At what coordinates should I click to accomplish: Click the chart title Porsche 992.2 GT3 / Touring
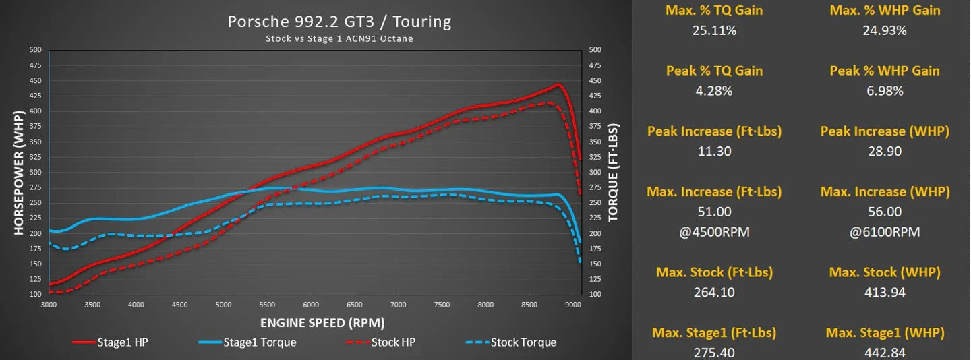pos(339,22)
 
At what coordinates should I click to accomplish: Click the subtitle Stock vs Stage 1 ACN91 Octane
pos(339,38)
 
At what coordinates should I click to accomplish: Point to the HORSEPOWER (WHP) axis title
pos(18,173)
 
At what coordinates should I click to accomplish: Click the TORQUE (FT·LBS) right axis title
pos(613,173)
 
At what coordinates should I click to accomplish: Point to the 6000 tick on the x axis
pos(311,304)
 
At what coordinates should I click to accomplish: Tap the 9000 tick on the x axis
pos(573,304)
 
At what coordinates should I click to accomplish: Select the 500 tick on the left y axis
pos(36,50)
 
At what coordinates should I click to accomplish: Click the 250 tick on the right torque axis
pos(595,203)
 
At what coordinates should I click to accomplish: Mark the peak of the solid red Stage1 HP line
pos(558,85)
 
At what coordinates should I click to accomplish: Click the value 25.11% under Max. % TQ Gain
pos(714,30)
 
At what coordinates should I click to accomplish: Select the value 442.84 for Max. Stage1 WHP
pos(885,352)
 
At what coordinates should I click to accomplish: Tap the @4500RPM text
pos(714,232)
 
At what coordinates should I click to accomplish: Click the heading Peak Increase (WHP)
pos(885,131)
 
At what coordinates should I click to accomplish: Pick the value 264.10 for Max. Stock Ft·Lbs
pos(714,292)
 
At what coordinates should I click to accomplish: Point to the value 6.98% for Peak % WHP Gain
pos(885,90)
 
